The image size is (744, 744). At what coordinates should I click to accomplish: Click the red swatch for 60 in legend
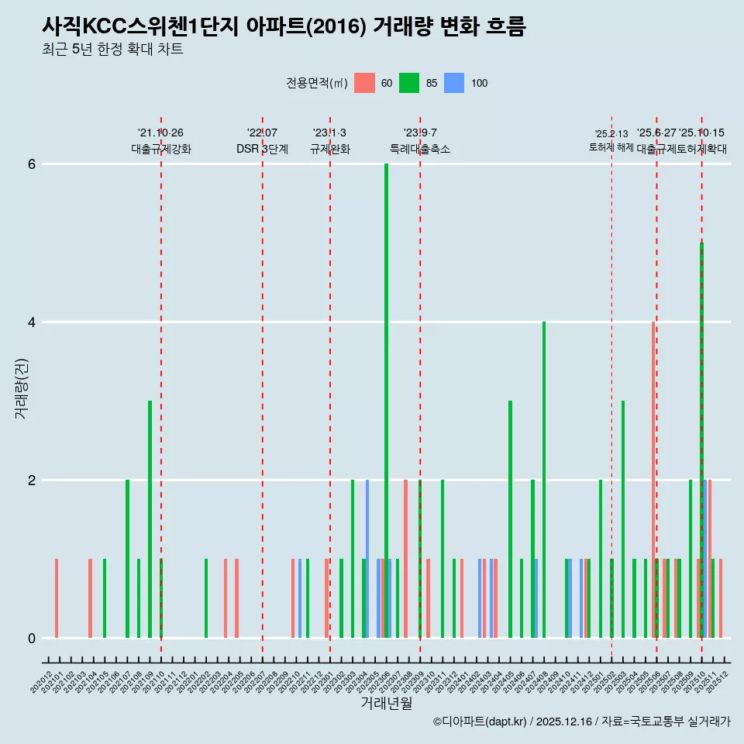coord(364,83)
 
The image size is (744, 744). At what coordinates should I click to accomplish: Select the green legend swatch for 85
coord(409,83)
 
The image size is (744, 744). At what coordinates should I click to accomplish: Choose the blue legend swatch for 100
coord(454,83)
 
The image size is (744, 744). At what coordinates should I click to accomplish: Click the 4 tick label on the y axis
coord(32,322)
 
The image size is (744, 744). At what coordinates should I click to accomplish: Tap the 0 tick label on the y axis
coord(32,639)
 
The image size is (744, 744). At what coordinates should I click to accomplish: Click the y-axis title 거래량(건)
coord(21,388)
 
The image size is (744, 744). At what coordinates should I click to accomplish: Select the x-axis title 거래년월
coord(386,703)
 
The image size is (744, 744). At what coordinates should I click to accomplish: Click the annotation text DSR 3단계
coord(262,149)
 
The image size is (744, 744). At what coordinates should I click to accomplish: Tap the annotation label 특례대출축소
coord(419,149)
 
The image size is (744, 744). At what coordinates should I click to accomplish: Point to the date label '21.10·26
coord(160,133)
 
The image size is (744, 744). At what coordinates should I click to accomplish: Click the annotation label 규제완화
coord(329,149)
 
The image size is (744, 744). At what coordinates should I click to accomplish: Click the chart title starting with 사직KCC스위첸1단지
coord(284,27)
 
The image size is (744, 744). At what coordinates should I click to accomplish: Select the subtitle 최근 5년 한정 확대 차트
coord(112,50)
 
